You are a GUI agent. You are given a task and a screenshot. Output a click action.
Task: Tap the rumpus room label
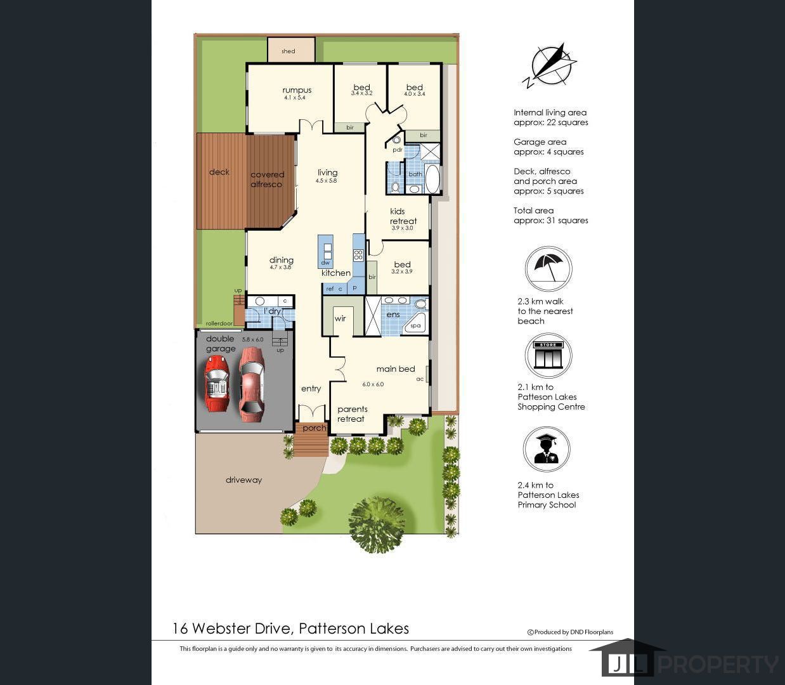pyautogui.click(x=297, y=90)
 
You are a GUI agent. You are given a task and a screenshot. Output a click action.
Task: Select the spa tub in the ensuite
pyautogui.click(x=414, y=324)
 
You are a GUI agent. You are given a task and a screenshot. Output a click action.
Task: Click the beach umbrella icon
pyautogui.click(x=548, y=269)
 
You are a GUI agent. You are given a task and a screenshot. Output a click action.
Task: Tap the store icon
pyautogui.click(x=548, y=355)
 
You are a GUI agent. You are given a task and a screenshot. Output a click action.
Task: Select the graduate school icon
pyautogui.click(x=547, y=449)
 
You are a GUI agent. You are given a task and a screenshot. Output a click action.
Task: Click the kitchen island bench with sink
pyautogui.click(x=325, y=251)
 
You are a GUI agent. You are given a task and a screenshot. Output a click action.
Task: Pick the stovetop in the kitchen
pyautogui.click(x=358, y=255)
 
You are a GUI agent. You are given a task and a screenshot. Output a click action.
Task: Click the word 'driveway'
pyautogui.click(x=243, y=480)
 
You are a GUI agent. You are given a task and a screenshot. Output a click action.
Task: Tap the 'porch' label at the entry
pyautogui.click(x=315, y=428)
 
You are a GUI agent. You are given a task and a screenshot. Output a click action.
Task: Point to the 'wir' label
pyautogui.click(x=341, y=318)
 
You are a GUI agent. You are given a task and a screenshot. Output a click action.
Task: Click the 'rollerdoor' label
pyautogui.click(x=219, y=323)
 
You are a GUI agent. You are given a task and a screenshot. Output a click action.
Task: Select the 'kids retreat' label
pyautogui.click(x=403, y=216)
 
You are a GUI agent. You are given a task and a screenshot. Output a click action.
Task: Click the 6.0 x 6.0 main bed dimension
pyautogui.click(x=373, y=384)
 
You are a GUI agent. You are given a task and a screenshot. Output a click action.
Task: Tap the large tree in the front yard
pyautogui.click(x=377, y=523)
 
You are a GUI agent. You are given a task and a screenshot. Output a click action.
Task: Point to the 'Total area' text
pyautogui.click(x=533, y=211)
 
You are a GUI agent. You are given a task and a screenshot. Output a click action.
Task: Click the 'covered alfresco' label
pyautogui.click(x=267, y=179)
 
